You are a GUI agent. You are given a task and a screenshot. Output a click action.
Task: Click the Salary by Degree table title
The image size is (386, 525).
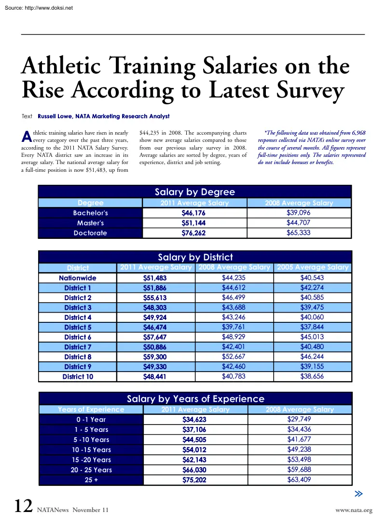(195, 192)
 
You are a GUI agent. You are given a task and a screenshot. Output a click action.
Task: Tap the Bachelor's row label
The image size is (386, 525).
(90, 213)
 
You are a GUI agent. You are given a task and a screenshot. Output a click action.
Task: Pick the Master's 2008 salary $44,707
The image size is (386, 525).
(298, 222)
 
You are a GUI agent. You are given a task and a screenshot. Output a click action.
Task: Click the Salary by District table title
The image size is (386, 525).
(195, 257)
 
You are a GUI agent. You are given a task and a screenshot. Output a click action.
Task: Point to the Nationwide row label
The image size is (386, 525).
(78, 278)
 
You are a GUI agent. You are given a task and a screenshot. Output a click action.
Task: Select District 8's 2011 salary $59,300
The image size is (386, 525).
(155, 357)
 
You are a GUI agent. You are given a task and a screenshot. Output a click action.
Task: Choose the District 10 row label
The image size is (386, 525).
(78, 377)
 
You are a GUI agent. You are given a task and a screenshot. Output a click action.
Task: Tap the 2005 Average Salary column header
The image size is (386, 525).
(312, 267)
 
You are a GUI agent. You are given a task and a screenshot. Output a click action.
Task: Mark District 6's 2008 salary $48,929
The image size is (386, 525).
(234, 337)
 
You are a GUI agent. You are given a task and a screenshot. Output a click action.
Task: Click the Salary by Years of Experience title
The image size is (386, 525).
(195, 399)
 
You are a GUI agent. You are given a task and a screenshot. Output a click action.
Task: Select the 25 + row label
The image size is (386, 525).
(90, 480)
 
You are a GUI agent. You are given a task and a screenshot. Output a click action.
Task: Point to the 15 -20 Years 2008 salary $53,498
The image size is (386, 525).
(299, 459)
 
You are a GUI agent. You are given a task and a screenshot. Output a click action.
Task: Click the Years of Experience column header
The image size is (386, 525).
(91, 410)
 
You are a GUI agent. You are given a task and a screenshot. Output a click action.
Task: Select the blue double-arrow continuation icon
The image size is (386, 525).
(358, 494)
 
